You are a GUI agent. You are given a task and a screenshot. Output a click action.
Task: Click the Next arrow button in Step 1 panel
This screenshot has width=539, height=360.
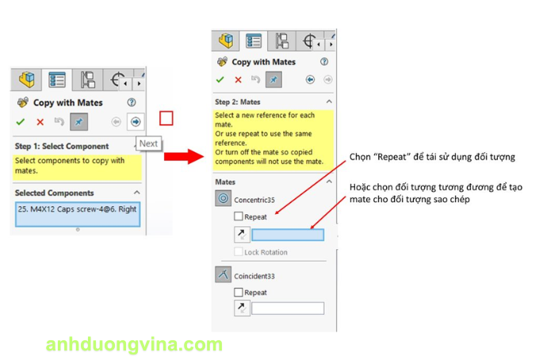[x=136, y=122]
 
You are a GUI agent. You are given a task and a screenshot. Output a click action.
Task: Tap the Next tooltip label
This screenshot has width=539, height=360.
[x=148, y=144]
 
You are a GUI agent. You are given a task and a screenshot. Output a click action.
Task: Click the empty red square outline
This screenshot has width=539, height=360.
[x=166, y=118]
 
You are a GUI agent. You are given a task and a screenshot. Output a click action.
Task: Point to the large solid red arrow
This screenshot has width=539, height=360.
[x=184, y=156]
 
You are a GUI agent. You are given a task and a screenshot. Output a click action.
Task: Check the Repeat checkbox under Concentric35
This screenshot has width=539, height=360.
[x=239, y=216]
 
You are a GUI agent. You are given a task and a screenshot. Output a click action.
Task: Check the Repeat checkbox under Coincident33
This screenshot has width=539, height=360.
[x=239, y=293]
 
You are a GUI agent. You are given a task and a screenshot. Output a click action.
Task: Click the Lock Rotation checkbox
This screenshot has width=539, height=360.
[x=239, y=251]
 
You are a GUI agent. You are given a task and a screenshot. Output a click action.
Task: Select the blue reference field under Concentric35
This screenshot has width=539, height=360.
[x=288, y=235]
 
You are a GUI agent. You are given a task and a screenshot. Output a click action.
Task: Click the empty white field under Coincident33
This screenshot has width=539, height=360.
[x=288, y=308]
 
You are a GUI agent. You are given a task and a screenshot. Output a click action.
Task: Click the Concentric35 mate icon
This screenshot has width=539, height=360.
[x=223, y=198]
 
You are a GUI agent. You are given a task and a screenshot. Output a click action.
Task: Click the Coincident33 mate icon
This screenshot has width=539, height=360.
[x=223, y=274]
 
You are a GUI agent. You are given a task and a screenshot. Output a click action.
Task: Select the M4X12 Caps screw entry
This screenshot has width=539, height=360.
[x=78, y=209]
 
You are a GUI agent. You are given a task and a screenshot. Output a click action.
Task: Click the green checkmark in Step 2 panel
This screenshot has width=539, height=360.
[x=220, y=80]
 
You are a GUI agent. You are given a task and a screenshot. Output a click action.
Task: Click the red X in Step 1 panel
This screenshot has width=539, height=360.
[x=40, y=122]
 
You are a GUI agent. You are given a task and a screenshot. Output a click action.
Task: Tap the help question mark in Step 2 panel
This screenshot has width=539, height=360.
[x=324, y=62]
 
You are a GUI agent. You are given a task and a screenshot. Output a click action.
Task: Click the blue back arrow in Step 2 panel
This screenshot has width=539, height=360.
[x=310, y=80]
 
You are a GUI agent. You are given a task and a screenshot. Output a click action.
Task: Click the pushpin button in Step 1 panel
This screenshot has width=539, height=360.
[x=78, y=122]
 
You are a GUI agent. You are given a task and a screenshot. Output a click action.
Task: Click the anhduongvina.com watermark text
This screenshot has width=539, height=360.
[x=134, y=344]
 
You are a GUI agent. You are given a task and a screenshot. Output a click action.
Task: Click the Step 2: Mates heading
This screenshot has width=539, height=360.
[x=238, y=102]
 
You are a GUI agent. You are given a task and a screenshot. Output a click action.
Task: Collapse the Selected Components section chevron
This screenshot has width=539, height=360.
[x=137, y=193]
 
